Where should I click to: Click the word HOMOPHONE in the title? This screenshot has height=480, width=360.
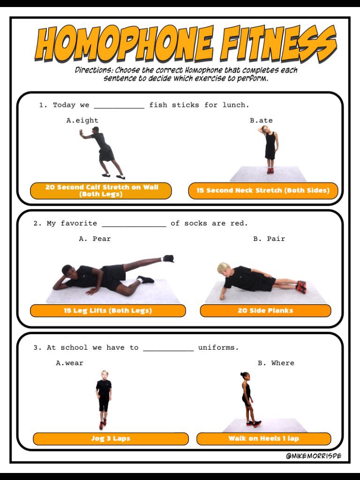point(124,44)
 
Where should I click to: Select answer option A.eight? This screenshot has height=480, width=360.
point(82,120)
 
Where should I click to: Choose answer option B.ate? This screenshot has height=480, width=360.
point(261,120)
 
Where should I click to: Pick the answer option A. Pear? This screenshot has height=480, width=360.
point(95,239)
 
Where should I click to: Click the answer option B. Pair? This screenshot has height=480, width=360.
point(269,239)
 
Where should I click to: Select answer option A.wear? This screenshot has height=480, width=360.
point(69,363)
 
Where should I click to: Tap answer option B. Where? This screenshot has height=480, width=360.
point(276,363)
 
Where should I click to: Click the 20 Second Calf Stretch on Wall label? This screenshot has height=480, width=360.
point(101,191)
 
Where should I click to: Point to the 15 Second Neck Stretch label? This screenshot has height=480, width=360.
point(263,190)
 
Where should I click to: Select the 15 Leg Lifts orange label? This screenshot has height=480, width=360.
point(108,311)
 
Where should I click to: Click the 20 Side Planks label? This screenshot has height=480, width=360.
point(265,311)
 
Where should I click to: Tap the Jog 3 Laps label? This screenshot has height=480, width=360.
point(111,439)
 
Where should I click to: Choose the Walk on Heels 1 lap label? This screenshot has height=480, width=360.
point(263,439)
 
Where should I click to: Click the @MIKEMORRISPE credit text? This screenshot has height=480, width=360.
point(314,456)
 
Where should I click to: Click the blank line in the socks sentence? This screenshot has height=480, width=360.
point(134,226)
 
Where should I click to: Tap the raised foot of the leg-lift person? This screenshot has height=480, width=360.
point(169,259)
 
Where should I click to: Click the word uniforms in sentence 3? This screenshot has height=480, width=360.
point(218,348)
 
